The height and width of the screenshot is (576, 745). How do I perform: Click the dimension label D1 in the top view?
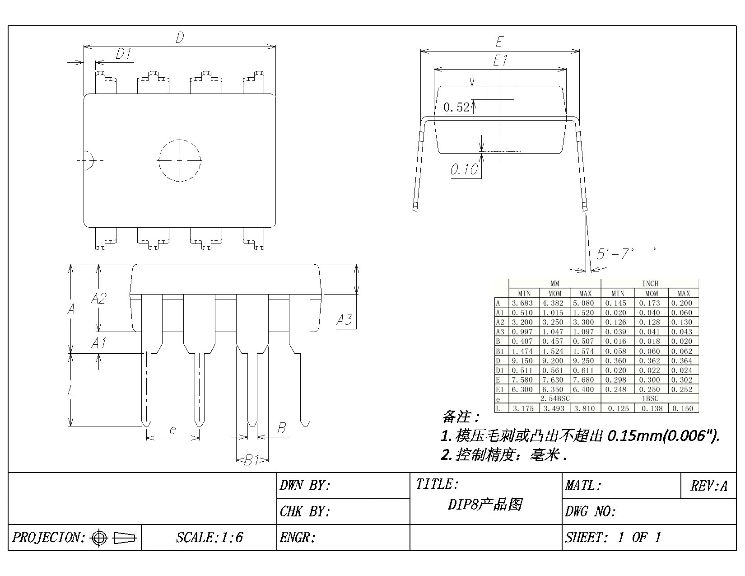[x=123, y=55]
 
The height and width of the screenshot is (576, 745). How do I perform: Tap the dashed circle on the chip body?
[x=180, y=160]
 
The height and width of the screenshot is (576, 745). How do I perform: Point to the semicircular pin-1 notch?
[x=88, y=160]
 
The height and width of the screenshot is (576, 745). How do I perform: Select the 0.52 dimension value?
[x=456, y=108]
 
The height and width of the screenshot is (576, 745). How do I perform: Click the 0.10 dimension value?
[x=464, y=170]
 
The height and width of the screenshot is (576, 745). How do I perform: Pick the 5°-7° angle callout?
[x=615, y=254]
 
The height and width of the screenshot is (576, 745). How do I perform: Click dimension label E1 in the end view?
[x=500, y=61]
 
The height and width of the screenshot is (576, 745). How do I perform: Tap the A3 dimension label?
[x=344, y=320]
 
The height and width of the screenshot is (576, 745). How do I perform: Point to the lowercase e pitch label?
[x=172, y=430]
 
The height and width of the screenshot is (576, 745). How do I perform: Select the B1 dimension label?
[x=251, y=460]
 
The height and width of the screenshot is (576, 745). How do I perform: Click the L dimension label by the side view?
[x=71, y=390]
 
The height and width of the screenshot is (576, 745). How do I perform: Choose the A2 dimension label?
[x=98, y=298]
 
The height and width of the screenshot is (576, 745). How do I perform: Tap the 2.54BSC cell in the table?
[x=555, y=398]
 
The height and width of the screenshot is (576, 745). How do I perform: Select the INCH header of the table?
[x=650, y=284]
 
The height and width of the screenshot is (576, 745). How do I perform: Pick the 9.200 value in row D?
[x=555, y=361]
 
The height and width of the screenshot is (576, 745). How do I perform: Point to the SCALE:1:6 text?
[x=210, y=538]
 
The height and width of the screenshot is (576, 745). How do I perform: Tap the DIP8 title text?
[x=485, y=504]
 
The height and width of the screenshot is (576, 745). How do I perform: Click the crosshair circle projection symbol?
[x=99, y=538]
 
